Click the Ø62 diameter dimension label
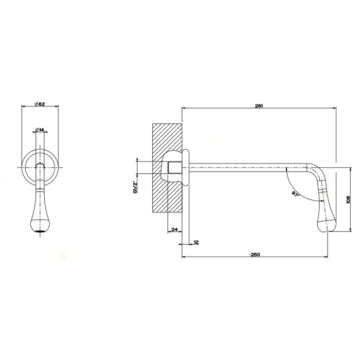click(40, 104)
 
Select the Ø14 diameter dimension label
click(40, 130)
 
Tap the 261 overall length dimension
click(259, 105)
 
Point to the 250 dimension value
click(255, 255)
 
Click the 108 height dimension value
click(348, 201)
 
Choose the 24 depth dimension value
click(175, 229)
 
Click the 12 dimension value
click(196, 242)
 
